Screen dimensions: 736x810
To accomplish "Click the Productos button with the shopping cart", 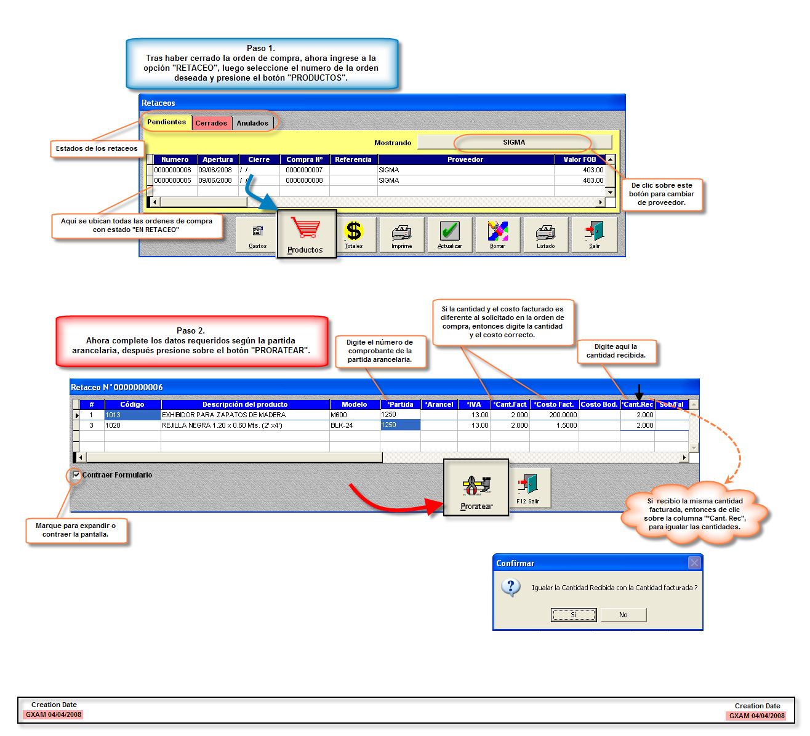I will pyautogui.click(x=307, y=234).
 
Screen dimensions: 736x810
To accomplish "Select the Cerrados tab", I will pyautogui.click(x=211, y=123).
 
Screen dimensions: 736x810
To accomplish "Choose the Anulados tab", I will pyautogui.click(x=252, y=123).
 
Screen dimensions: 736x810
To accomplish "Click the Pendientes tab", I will pyautogui.click(x=166, y=122).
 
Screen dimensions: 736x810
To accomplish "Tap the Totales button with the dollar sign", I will pyautogui.click(x=354, y=234).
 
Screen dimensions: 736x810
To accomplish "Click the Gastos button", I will pyautogui.click(x=258, y=234).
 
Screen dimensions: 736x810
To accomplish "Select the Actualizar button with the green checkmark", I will pyautogui.click(x=450, y=234).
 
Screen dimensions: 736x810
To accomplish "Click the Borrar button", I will pyautogui.click(x=498, y=234).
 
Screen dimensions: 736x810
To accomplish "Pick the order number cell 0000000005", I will pyautogui.click(x=172, y=180).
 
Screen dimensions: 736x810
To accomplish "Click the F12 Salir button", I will pyautogui.click(x=528, y=488).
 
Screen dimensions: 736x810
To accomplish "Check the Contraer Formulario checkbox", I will pyautogui.click(x=77, y=474).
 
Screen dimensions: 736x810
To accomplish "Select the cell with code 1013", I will pyautogui.click(x=132, y=415).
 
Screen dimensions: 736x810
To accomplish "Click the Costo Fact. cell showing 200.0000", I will pyautogui.click(x=554, y=415).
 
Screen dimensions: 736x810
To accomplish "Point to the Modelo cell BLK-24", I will pyautogui.click(x=354, y=425).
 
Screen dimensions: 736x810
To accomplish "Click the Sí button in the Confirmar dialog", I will pyautogui.click(x=573, y=615).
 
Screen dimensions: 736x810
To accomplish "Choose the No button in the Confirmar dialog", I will pyautogui.click(x=624, y=615).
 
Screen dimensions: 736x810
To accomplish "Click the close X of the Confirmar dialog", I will pyautogui.click(x=694, y=562).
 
